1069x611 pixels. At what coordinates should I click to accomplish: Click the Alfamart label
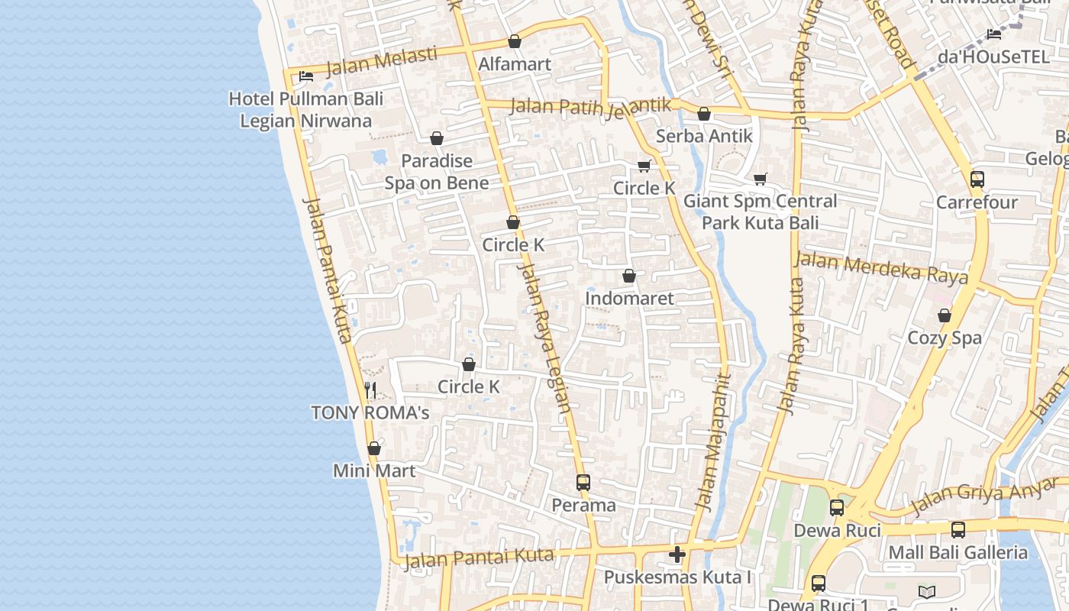(514, 64)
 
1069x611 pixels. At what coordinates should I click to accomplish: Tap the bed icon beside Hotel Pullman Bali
(306, 76)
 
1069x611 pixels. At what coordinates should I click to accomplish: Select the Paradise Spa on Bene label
(437, 172)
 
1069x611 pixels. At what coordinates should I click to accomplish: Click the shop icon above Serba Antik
(704, 114)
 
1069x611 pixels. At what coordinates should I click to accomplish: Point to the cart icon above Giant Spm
(760, 179)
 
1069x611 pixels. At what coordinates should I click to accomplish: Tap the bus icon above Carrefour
(977, 179)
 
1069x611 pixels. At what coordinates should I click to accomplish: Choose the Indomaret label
(629, 298)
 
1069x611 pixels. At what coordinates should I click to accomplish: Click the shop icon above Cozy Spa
(945, 315)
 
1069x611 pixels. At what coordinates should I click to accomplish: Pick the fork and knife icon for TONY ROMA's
(370, 390)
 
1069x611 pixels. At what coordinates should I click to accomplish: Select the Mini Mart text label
(374, 470)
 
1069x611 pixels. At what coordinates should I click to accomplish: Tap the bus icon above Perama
(583, 483)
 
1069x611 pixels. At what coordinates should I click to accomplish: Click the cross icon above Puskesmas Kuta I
(677, 554)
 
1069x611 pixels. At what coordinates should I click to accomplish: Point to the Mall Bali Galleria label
(958, 552)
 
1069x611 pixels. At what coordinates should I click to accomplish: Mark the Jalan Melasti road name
(381, 61)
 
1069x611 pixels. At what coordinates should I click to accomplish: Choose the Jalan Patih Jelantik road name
(590, 106)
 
